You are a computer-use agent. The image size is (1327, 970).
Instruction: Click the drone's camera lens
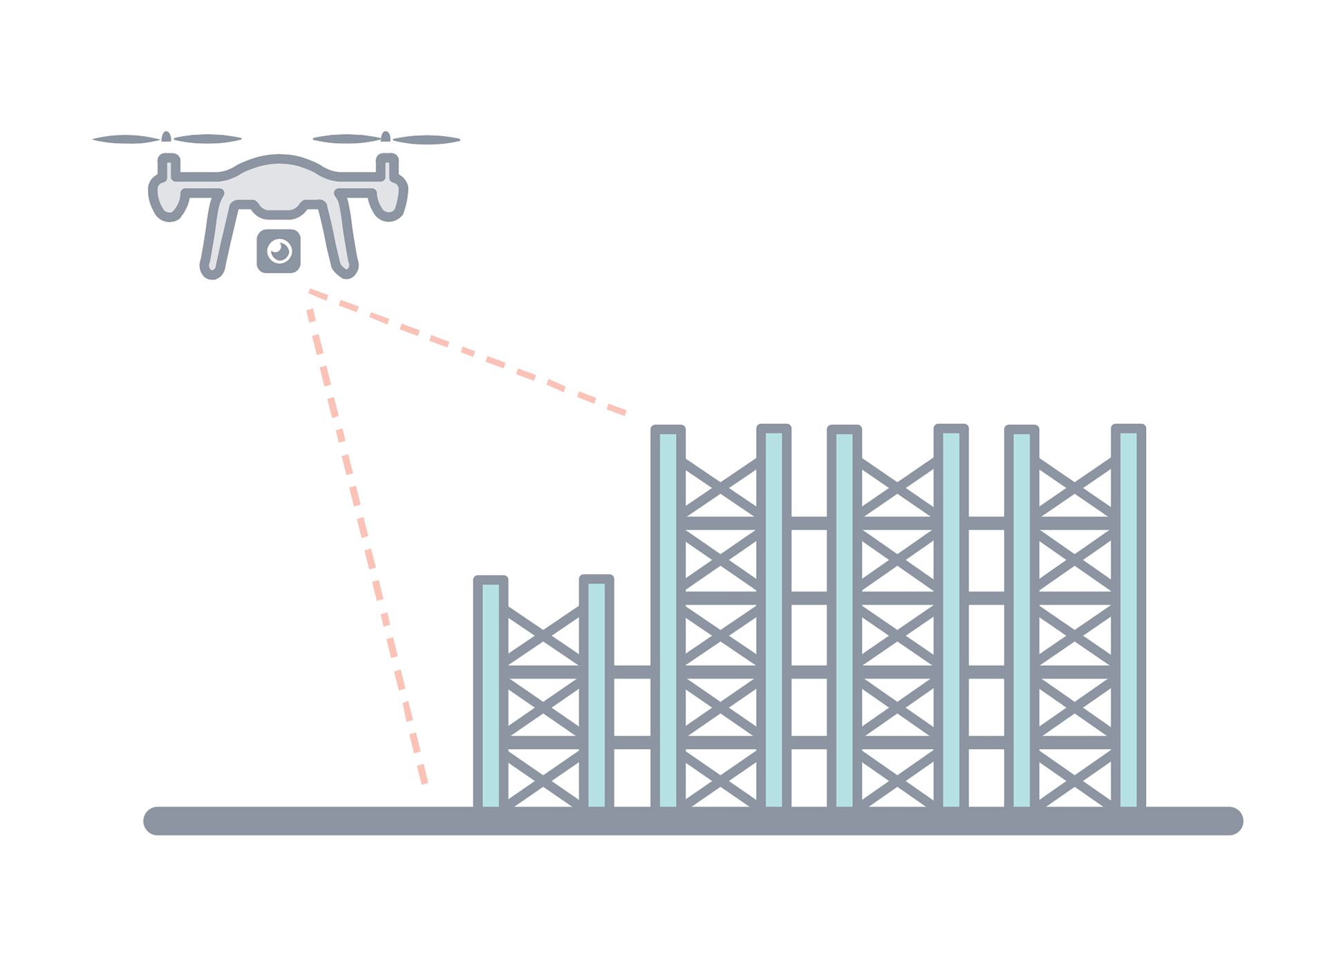point(279,250)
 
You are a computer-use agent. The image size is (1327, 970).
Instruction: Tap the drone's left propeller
point(167,139)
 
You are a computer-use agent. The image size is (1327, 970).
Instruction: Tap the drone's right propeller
point(386,139)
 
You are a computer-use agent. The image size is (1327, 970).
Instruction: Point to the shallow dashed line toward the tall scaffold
point(470,352)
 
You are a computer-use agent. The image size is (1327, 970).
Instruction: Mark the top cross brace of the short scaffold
point(543,633)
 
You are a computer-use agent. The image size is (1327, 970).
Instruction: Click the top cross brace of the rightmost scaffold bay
point(1075,487)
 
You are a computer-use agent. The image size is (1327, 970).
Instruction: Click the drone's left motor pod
point(166,198)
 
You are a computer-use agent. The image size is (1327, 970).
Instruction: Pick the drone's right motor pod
point(390,198)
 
